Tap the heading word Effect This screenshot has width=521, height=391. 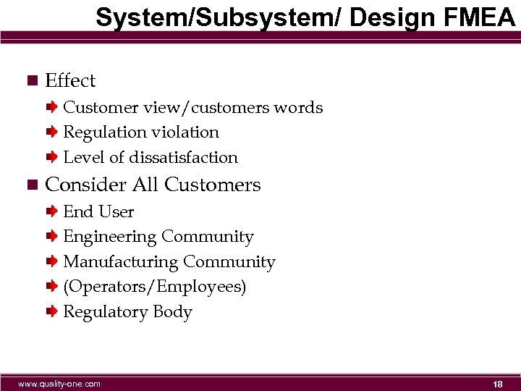(x=70, y=80)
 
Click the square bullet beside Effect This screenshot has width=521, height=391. (x=30, y=80)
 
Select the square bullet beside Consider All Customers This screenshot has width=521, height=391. (x=30, y=185)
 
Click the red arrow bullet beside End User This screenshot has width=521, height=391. (x=52, y=211)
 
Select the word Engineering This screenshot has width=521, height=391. (x=110, y=237)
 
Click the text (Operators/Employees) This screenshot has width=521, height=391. (x=155, y=287)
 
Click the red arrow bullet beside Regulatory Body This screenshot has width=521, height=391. (x=52, y=312)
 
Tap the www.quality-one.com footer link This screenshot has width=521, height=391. (x=59, y=384)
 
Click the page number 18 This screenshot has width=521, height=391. (x=497, y=384)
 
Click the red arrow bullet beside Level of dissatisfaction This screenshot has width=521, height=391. (x=52, y=157)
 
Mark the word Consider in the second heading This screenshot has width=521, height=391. (x=85, y=185)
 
